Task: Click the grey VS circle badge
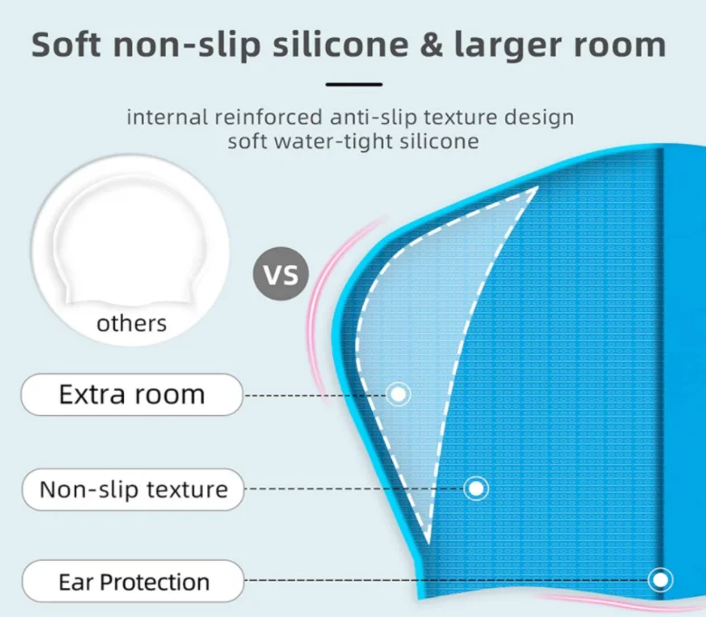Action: pos(281,273)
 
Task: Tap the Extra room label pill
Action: pos(132,394)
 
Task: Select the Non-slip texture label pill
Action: pos(133,489)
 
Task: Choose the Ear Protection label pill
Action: pos(133,582)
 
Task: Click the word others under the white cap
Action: pos(131,324)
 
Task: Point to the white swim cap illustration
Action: pos(129,238)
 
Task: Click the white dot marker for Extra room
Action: pos(398,394)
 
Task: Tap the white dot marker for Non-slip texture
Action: pos(476,489)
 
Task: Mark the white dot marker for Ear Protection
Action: pos(661,580)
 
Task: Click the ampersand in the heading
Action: pos(432,45)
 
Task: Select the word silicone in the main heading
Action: pos(341,44)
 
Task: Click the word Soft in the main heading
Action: pos(66,44)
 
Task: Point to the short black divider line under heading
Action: pos(354,84)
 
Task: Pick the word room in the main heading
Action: pos(619,45)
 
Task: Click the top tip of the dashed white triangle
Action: pos(539,186)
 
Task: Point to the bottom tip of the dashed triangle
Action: pos(427,543)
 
